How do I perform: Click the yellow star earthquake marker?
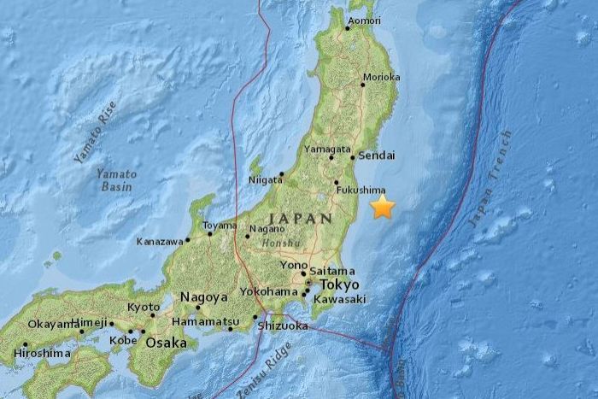382,206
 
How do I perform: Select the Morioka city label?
378,76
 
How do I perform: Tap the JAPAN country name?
300,219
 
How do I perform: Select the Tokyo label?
339,285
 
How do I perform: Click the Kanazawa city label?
160,242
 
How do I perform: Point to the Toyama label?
219,226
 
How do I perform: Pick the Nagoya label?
202,297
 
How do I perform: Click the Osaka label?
167,342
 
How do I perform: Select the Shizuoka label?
283,326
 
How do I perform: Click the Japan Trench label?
490,179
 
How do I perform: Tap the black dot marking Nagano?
248,237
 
